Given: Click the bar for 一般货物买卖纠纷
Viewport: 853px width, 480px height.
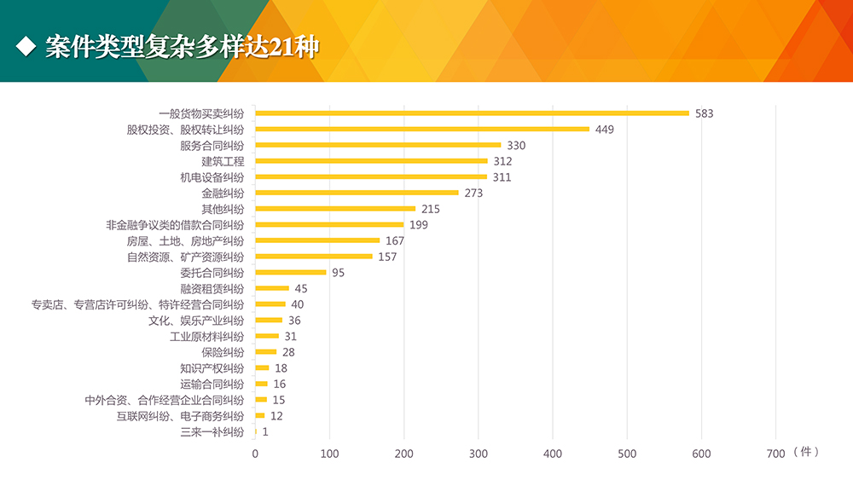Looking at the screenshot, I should pos(472,113).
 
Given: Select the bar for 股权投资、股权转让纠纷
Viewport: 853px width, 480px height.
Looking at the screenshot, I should pos(422,130).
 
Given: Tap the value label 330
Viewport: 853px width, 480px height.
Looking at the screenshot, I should pos(516,146).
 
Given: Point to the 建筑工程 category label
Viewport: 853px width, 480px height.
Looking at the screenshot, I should pos(222,161).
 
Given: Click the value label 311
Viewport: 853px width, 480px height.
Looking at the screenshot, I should pos(502,177).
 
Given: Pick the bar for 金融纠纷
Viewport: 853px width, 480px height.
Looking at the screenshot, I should pos(357,193).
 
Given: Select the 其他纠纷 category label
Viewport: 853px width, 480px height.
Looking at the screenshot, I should pos(222,209).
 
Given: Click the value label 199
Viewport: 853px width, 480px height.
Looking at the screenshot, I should pos(418,225).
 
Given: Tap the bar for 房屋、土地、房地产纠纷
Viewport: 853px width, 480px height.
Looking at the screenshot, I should pos(317,240).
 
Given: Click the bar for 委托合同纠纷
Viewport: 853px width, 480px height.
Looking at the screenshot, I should pos(291,273).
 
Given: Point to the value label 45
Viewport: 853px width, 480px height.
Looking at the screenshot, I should pos(300,289).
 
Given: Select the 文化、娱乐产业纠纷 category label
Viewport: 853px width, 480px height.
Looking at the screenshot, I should pos(195,321).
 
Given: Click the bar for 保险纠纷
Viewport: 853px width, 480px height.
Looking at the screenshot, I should pos(266,352).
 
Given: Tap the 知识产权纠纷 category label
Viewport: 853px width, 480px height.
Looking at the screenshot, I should pos(212,368).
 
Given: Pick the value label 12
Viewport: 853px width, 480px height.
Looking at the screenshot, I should pos(276,416).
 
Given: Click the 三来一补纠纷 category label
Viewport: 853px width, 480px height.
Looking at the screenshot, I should pos(212,432).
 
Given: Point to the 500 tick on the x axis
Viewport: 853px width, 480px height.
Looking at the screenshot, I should pos(627,454).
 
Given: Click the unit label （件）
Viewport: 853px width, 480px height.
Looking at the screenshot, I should pos(805,452).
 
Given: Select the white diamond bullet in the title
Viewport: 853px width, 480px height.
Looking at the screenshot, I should pos(26,46).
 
